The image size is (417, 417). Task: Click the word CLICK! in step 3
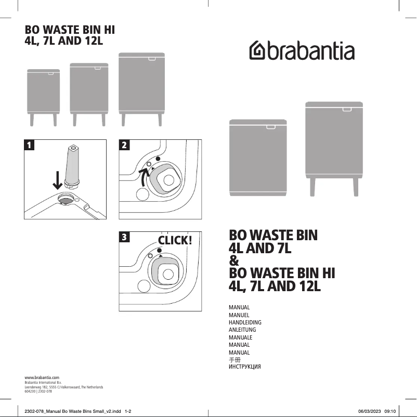[x=175, y=240]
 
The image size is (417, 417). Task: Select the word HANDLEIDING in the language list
[x=245, y=322]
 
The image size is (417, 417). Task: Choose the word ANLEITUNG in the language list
[x=242, y=330]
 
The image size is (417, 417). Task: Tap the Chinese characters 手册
[x=234, y=360]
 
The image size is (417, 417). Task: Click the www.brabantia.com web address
[x=42, y=376]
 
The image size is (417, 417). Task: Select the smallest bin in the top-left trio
[x=43, y=92]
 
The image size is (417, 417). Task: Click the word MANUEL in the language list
[x=239, y=315]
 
